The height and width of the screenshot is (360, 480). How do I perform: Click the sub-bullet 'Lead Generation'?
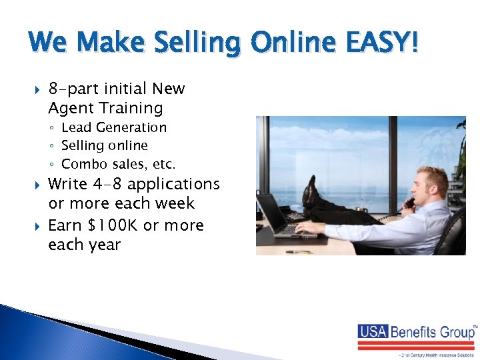tap(113, 127)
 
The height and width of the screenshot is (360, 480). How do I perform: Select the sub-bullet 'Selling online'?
tap(104, 145)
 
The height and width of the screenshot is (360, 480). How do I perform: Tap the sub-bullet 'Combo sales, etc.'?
tap(118, 163)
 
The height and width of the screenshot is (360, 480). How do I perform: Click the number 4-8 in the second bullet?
tap(106, 184)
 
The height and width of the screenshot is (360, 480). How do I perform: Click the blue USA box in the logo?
tap(373, 331)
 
